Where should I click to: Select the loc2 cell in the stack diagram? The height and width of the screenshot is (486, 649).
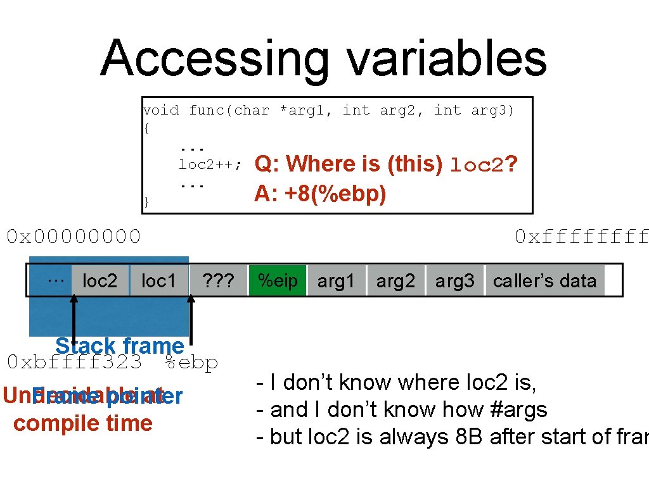click(100, 281)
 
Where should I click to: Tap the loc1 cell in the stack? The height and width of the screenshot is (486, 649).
click(158, 281)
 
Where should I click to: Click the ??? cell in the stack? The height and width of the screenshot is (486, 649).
click(218, 281)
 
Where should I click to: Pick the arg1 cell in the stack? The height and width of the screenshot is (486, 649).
click(336, 281)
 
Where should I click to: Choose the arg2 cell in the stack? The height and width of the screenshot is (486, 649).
click(395, 281)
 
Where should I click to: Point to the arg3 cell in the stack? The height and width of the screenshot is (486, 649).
click(454, 281)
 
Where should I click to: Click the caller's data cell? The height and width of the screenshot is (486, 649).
click(544, 281)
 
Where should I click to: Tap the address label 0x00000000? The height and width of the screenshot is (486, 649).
click(74, 237)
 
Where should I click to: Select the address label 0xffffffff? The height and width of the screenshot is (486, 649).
click(581, 237)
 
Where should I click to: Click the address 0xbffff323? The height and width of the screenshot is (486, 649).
click(75, 363)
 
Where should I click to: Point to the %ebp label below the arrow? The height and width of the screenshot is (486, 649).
click(191, 363)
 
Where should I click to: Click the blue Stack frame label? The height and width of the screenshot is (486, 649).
click(119, 346)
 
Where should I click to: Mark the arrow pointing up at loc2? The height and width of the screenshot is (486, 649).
click(74, 323)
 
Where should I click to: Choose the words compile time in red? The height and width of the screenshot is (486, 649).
click(83, 423)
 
